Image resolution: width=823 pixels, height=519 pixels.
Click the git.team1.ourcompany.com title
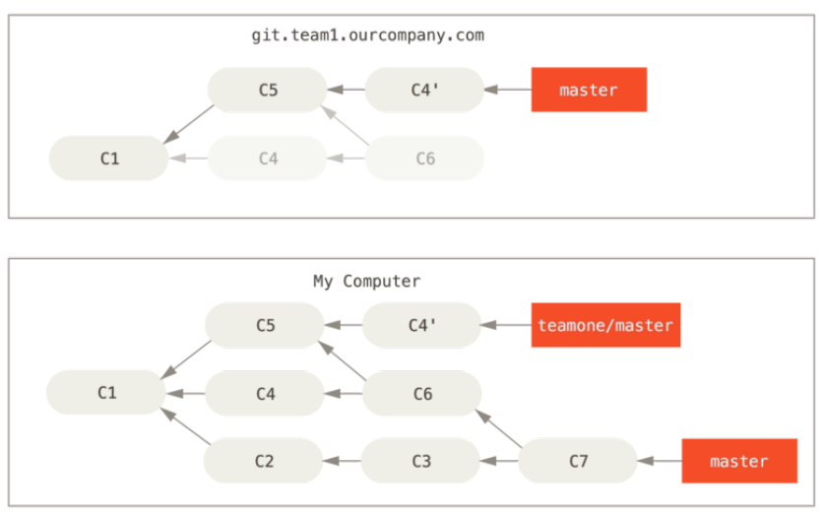click(367, 35)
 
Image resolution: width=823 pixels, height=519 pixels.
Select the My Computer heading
click(367, 282)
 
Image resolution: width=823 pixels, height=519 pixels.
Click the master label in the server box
click(589, 90)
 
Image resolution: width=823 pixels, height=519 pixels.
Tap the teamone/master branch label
click(605, 325)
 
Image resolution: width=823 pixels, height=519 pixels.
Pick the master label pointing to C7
click(739, 461)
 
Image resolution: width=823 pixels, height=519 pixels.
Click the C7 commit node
click(578, 461)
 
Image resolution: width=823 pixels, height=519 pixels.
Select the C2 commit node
click(264, 461)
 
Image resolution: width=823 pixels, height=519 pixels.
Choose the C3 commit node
click(421, 461)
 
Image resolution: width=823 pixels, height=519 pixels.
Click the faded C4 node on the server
click(268, 159)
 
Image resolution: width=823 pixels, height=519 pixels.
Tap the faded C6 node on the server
click(424, 159)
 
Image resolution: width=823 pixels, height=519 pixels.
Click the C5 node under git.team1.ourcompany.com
click(268, 90)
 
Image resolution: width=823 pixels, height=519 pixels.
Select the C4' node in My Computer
click(422, 325)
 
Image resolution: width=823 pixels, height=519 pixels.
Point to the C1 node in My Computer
click(106, 393)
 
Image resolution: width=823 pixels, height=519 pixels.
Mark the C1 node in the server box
click(109, 159)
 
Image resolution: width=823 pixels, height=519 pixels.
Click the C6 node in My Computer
click(422, 394)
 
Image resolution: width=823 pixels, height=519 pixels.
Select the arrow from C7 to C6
click(499, 428)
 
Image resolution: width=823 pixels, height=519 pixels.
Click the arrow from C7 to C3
click(499, 461)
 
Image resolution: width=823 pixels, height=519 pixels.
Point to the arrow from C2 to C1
click(185, 426)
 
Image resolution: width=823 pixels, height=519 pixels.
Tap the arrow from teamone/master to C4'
click(506, 325)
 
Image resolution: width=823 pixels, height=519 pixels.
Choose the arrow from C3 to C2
click(342, 461)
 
